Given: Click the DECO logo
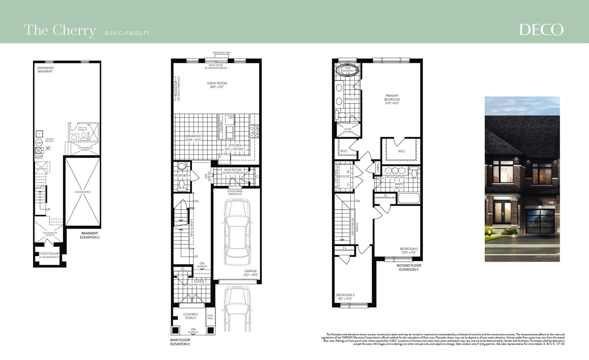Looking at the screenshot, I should pyautogui.click(x=541, y=30).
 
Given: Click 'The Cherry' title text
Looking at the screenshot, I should pyautogui.click(x=60, y=30).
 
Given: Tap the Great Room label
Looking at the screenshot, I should pyautogui.click(x=217, y=85).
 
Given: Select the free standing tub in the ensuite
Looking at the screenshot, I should pyautogui.click(x=348, y=70).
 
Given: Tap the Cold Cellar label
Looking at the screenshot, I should pyautogui.click(x=49, y=255).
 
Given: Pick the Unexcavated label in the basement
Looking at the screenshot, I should pyautogui.click(x=82, y=192).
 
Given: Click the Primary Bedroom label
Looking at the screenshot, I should pyautogui.click(x=392, y=99).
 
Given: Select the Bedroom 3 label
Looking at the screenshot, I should pyautogui.click(x=345, y=297).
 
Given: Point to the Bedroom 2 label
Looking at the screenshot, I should pyautogui.click(x=409, y=251).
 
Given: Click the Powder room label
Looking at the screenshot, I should pyautogui.click(x=181, y=176).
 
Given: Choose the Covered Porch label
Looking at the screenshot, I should pyautogui.click(x=190, y=316).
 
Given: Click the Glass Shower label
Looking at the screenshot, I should pyautogui.click(x=348, y=130).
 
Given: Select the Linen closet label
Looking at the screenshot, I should pyautogui.click(x=378, y=168).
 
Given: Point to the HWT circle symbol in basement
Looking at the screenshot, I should pyautogui.click(x=39, y=143).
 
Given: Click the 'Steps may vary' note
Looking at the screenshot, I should pyautogui.click(x=221, y=53).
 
